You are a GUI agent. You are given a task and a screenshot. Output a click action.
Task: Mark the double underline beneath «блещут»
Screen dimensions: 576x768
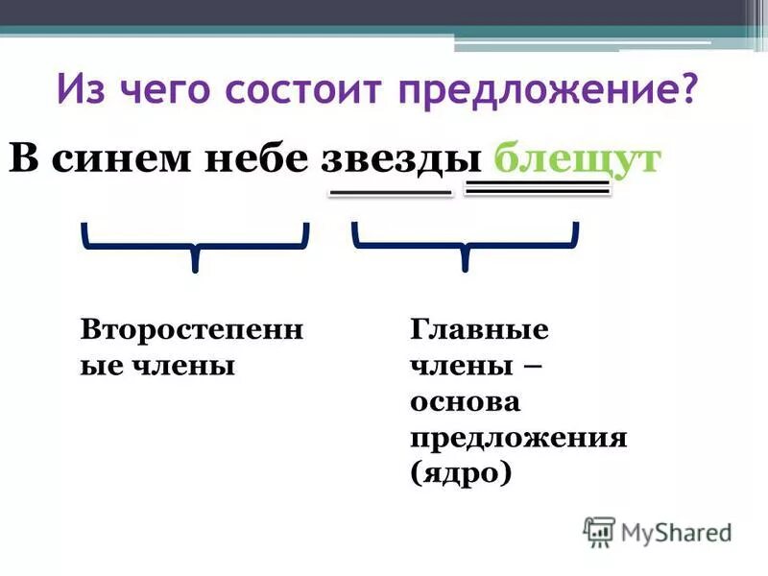(537, 189)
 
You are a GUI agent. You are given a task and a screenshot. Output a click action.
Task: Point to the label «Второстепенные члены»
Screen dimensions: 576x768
(191, 348)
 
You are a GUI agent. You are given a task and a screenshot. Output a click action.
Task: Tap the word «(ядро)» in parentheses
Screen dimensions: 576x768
(460, 473)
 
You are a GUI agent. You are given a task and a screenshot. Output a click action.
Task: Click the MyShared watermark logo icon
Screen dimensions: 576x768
(599, 531)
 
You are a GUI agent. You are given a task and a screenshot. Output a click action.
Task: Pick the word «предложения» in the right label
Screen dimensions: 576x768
(518, 438)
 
